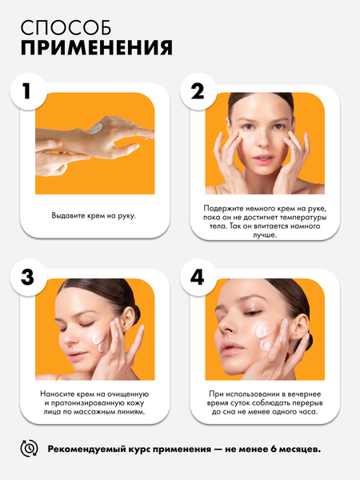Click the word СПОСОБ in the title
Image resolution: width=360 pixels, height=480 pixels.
[x=66, y=27]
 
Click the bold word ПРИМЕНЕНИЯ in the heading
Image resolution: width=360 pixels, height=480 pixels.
[x=97, y=47]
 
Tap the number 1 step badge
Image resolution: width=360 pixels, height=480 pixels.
[x=28, y=91]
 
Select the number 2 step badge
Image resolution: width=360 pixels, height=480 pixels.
[x=198, y=91]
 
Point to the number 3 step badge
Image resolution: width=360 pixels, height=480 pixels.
[x=28, y=278]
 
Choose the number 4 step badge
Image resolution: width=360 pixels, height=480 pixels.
[x=198, y=278]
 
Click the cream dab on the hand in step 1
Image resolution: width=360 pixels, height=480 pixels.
[x=94, y=129]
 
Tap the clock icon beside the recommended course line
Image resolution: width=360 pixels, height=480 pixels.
[x=29, y=449]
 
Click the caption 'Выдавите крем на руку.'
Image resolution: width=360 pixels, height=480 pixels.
[x=94, y=215]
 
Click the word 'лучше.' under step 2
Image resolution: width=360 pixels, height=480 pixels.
[x=265, y=235]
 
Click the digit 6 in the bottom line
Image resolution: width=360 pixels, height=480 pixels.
[x=274, y=449]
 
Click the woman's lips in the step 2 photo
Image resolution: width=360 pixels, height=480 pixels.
[x=263, y=159]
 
